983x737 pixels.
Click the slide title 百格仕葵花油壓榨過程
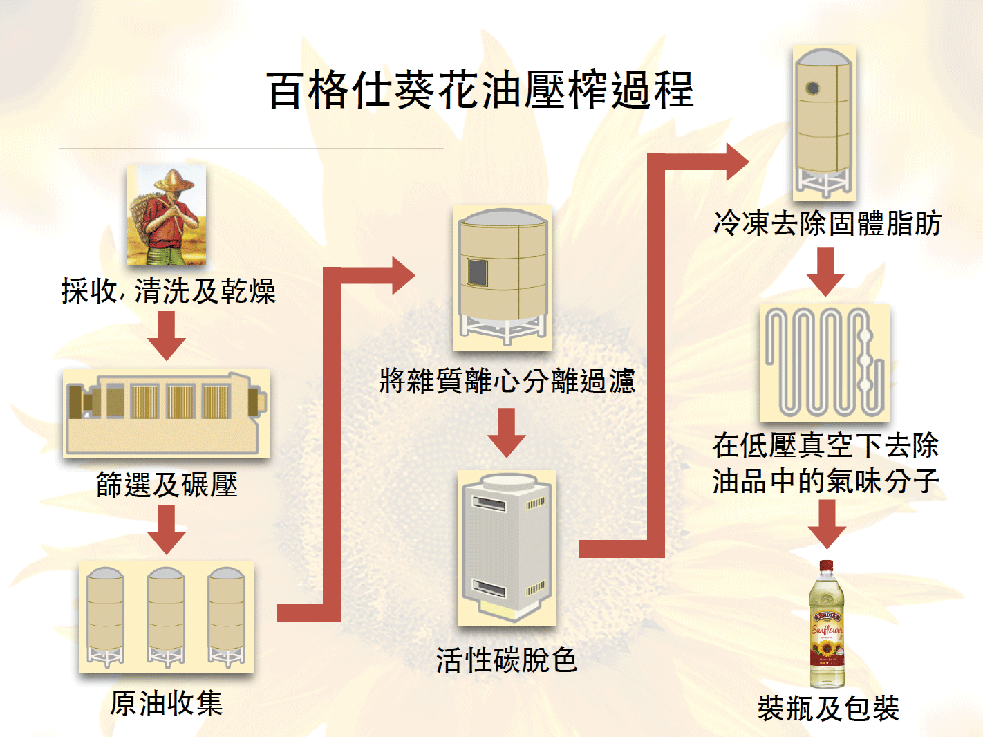tap(480, 91)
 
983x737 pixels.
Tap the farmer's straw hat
tap(174, 181)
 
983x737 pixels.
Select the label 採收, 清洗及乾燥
tap(169, 291)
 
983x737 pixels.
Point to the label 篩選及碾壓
tap(167, 485)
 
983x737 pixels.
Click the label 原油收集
tap(167, 704)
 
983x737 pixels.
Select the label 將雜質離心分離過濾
tap(507, 381)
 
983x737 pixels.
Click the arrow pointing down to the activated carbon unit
tap(507, 433)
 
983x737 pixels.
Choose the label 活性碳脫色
tap(507, 660)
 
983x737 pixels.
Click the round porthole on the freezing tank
tap(813, 88)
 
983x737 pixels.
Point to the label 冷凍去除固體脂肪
tap(827, 224)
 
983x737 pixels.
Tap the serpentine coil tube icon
tap(824, 362)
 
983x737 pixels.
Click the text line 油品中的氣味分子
tap(826, 481)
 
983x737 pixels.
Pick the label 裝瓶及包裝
tap(828, 709)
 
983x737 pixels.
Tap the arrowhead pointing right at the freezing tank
tap(736, 162)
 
